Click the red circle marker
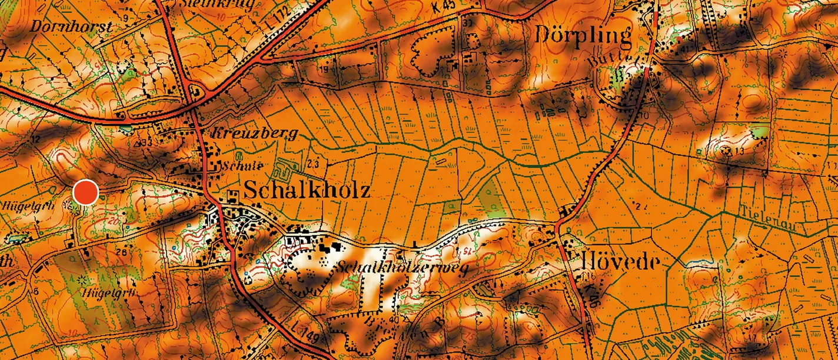(86, 192)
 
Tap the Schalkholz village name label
(307, 190)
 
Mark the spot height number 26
(122, 253)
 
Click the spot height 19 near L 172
(324, 70)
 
